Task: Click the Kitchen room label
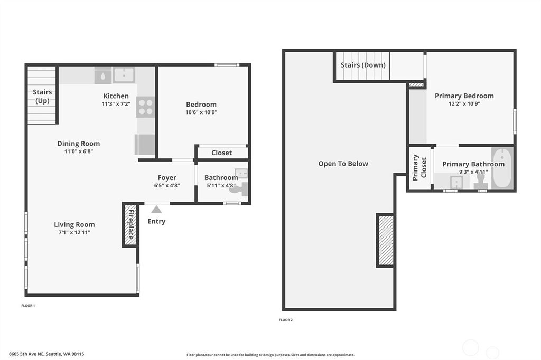pos(116,96)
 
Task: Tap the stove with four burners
pos(145,107)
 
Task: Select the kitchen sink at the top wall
pos(124,75)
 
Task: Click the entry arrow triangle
pos(156,210)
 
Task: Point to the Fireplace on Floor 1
pos(130,225)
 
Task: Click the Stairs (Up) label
pos(42,96)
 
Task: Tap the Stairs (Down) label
pos(363,65)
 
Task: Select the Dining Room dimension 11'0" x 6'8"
pos(79,151)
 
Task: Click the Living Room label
pos(74,224)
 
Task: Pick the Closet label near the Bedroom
pos(221,153)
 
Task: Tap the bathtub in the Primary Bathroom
pos(502,168)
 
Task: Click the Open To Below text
pos(343,164)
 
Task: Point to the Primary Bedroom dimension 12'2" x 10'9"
pos(464,104)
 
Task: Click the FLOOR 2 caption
pos(285,320)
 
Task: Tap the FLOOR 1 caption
pos(28,306)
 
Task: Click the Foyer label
pos(167,178)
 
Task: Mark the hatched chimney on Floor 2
pos(385,240)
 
